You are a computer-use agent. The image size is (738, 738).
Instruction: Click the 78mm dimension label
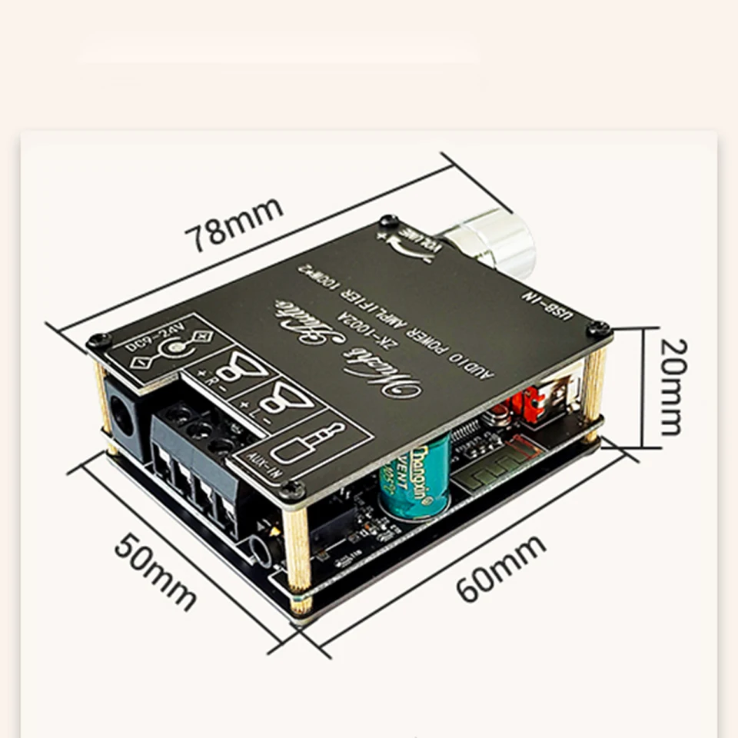coord(238,224)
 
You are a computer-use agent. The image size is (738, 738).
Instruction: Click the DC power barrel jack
coord(123,416)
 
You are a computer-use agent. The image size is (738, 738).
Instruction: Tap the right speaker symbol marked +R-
coord(227,374)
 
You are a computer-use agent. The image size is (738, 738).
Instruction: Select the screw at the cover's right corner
coord(599,328)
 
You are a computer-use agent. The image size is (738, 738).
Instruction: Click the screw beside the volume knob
coord(388,221)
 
